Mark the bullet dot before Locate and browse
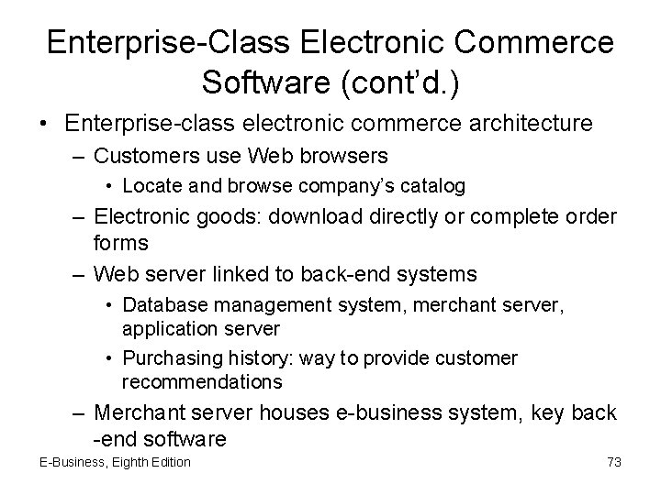click(110, 187)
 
